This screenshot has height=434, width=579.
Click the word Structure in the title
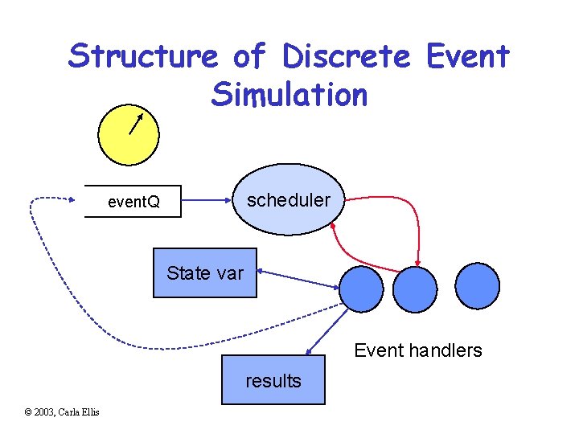[142, 56]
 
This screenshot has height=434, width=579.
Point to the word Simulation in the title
[289, 94]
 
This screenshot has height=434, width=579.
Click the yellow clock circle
[129, 134]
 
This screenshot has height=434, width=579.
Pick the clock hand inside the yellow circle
[135, 122]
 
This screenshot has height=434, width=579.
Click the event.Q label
[133, 202]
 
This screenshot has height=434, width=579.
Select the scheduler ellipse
[287, 200]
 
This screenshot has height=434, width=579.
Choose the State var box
[205, 273]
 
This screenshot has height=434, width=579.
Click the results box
[273, 379]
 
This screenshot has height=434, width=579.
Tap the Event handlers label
[417, 350]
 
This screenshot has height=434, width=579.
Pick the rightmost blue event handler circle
[477, 285]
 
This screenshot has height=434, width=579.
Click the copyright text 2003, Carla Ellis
[62, 412]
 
